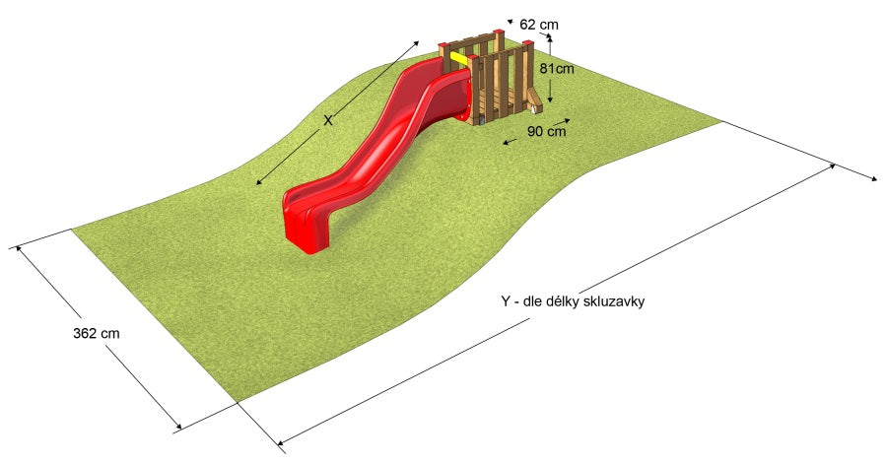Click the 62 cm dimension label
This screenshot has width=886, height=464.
[x=538, y=25]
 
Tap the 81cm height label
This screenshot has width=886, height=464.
[x=557, y=69]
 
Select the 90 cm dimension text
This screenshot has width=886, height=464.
[x=546, y=131]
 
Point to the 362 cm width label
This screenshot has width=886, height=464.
[x=96, y=333]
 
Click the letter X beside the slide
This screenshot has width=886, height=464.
[x=328, y=120]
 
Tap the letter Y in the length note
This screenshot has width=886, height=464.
[x=506, y=301]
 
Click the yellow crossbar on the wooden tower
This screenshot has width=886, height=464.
[x=459, y=58]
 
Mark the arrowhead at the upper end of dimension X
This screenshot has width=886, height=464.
[x=417, y=43]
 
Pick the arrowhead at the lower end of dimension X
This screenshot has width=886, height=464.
[x=260, y=181]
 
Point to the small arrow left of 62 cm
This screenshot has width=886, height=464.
[x=511, y=22]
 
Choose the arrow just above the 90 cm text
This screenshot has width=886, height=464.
[x=561, y=121]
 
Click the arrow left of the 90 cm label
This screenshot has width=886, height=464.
[x=511, y=141]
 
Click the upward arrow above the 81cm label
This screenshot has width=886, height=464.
[x=550, y=46]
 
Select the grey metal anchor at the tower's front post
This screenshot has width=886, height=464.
[x=481, y=121]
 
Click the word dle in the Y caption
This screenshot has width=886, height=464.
[x=533, y=301]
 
